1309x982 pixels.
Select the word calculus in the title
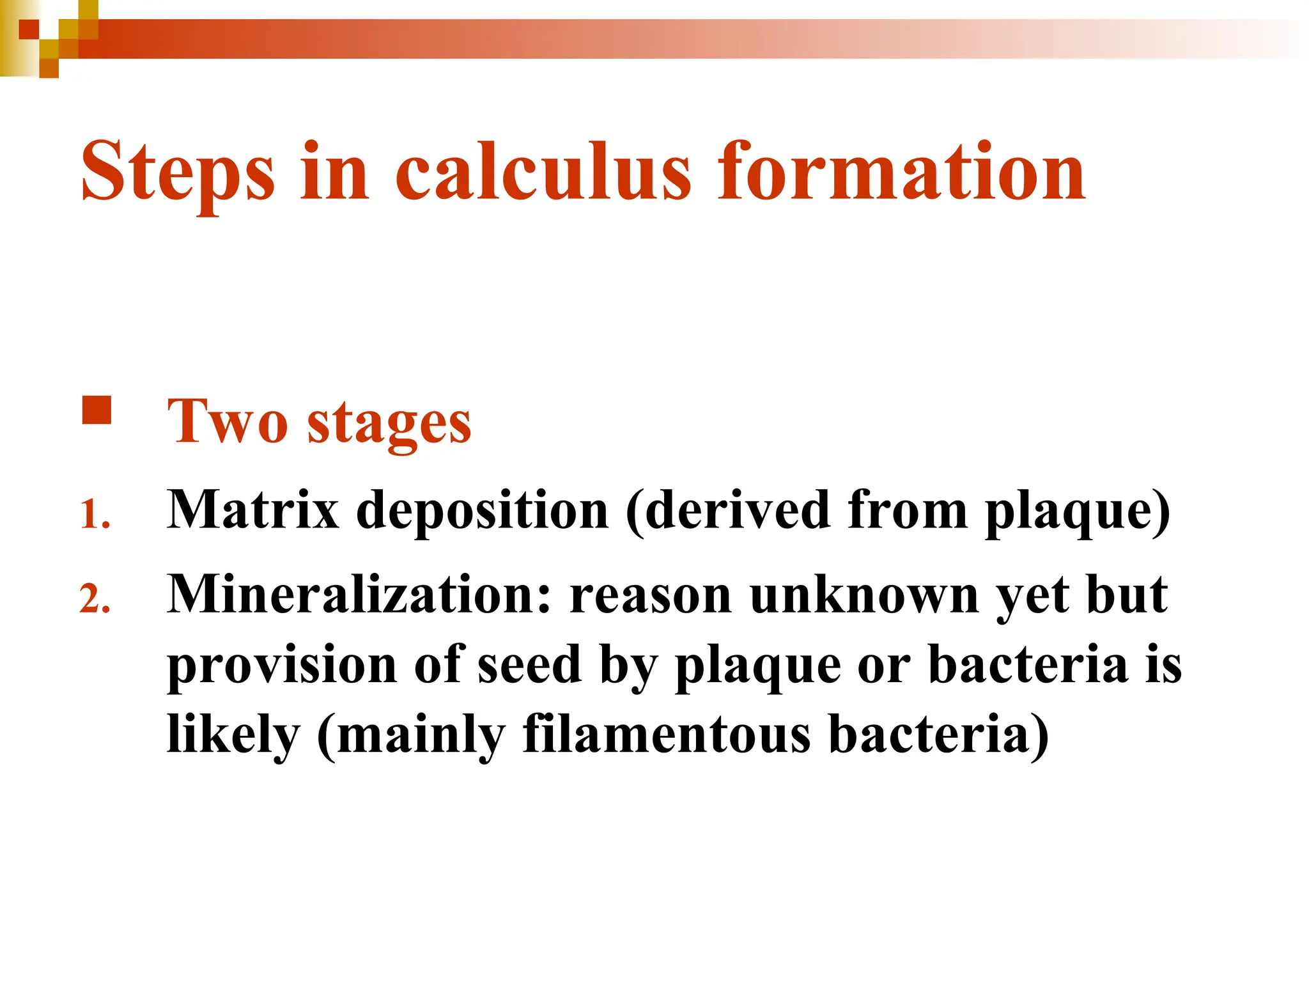click(x=543, y=171)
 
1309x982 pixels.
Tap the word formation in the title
click(x=902, y=171)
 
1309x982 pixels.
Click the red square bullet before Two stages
click(x=97, y=410)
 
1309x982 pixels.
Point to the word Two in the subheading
click(x=227, y=422)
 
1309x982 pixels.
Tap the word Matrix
click(x=252, y=510)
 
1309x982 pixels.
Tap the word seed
click(x=530, y=665)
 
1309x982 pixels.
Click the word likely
click(x=233, y=735)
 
